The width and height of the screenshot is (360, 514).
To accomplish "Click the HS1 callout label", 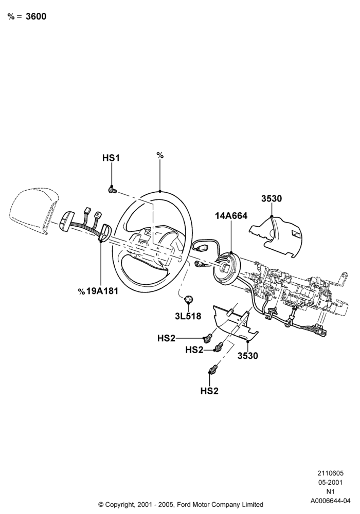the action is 111,158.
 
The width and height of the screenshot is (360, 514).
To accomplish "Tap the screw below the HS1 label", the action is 113,190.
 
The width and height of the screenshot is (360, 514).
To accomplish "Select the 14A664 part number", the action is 231,216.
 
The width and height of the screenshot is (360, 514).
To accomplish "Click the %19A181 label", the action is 98,291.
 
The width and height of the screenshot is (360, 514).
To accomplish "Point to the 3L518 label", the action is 188,316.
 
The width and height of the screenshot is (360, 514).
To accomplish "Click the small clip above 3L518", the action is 189,299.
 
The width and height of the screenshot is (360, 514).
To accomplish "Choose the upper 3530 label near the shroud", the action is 272,198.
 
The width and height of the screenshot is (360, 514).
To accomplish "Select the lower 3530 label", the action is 248,356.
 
